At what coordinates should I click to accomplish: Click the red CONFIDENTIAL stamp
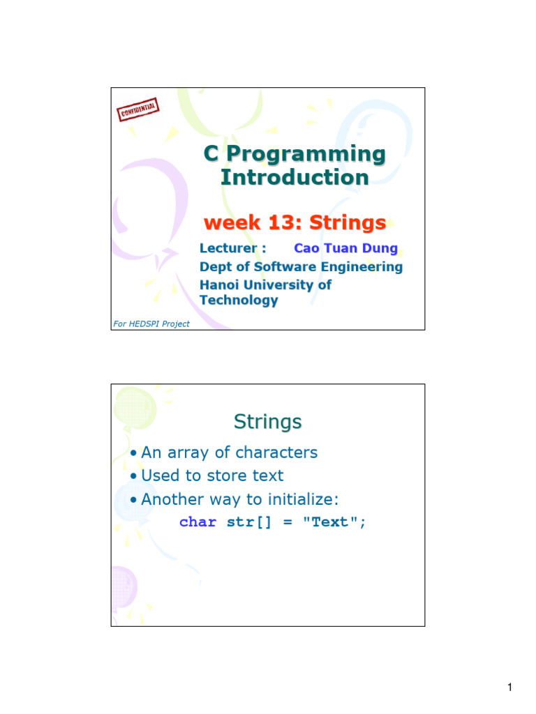click(138, 110)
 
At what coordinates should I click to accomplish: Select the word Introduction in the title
click(295, 177)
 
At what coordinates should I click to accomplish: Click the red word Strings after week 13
click(348, 223)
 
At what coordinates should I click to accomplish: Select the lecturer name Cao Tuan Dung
click(346, 248)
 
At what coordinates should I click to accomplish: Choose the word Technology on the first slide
click(239, 301)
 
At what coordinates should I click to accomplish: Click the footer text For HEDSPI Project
click(151, 324)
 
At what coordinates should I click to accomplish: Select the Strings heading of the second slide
click(268, 422)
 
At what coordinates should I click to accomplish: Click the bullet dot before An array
click(133, 453)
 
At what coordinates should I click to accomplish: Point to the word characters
click(276, 453)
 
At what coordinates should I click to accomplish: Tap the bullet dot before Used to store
click(133, 476)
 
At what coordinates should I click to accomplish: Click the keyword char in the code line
click(198, 522)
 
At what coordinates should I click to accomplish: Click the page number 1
click(509, 689)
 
